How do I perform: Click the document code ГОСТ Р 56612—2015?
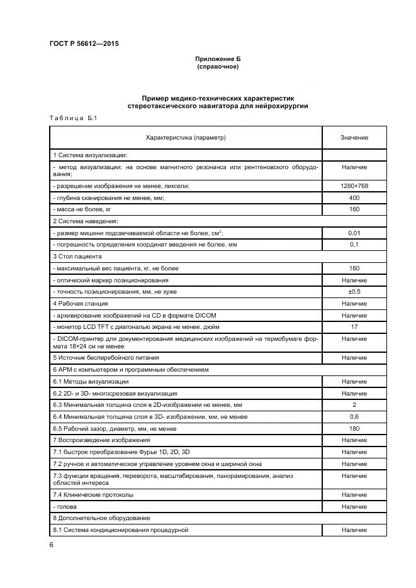[x=84, y=43]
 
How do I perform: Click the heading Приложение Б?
[x=218, y=58]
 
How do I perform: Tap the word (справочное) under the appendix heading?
[x=218, y=66]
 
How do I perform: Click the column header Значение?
[x=354, y=137]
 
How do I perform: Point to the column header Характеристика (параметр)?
[x=186, y=137]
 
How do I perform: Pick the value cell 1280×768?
[x=354, y=187]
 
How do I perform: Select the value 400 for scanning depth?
[x=354, y=197]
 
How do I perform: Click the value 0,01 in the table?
[x=354, y=233]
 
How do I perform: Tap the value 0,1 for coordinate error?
[x=354, y=245]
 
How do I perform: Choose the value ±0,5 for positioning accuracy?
[x=354, y=292]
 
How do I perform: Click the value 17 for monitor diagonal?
[x=354, y=327]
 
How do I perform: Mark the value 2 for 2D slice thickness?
[x=354, y=404]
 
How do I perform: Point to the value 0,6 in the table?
[x=354, y=416]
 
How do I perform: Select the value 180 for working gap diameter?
[x=354, y=428]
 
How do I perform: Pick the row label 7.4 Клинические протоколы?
[x=93, y=495]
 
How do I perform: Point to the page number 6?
[x=51, y=544]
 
